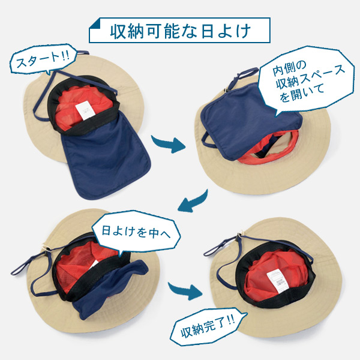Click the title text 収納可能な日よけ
click(181, 31)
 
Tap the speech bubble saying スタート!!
click(43, 59)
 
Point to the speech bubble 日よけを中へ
click(136, 232)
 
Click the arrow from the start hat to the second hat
click(169, 144)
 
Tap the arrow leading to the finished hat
click(185, 290)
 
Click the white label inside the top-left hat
click(85, 110)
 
